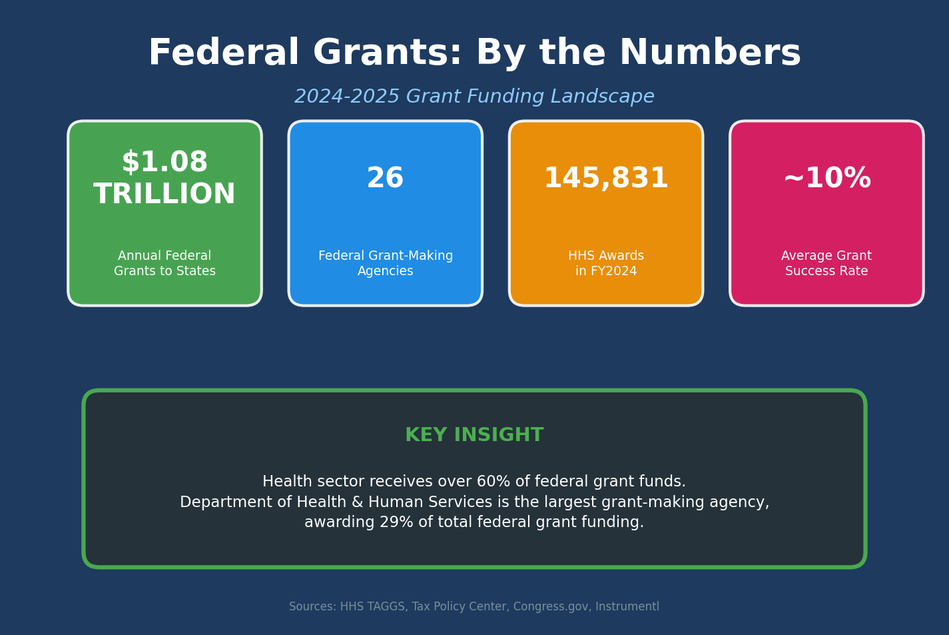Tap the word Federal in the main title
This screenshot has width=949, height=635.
223,53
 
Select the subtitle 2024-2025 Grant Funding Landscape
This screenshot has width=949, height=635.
474,97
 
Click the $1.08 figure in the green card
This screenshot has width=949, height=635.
164,163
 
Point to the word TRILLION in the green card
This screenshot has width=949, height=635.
164,195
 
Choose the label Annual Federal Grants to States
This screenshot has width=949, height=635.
164,264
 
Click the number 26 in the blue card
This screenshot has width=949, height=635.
385,179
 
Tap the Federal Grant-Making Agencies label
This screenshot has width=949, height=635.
385,264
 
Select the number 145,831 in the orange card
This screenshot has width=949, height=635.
606,179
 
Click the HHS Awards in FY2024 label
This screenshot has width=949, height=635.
606,264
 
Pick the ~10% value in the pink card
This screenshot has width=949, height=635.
826,179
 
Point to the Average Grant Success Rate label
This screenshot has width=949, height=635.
826,264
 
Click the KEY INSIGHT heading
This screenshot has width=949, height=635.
474,435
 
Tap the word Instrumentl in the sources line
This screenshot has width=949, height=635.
627,607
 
